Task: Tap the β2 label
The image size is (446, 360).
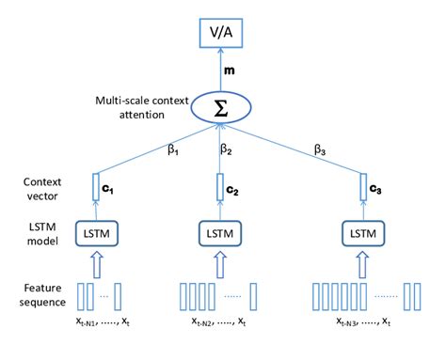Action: tap(227, 149)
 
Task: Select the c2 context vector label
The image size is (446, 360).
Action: tap(231, 191)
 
